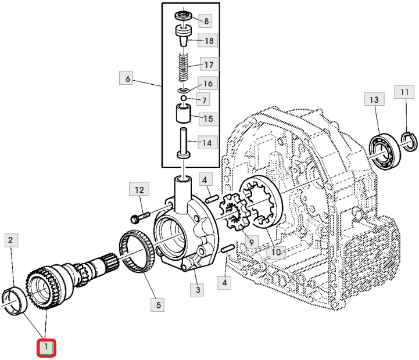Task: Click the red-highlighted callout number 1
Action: pyautogui.click(x=46, y=348)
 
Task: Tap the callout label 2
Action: pyautogui.click(x=11, y=240)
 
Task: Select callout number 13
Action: pyautogui.click(x=374, y=99)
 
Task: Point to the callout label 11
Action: pyautogui.click(x=404, y=92)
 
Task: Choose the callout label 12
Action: pyautogui.click(x=139, y=189)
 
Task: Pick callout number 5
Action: pyautogui.click(x=157, y=305)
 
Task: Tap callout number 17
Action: pyautogui.click(x=209, y=64)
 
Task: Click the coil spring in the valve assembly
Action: pyautogui.click(x=183, y=67)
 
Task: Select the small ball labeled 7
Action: pyautogui.click(x=183, y=98)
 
